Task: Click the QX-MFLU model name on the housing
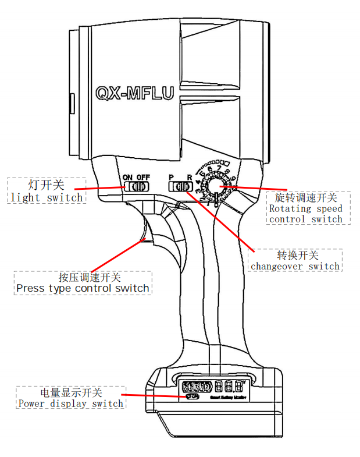134,93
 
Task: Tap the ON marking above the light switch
127,176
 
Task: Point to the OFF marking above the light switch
143,176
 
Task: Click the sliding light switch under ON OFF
138,187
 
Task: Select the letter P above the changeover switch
172,176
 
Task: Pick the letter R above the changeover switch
189,176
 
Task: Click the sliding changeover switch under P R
180,186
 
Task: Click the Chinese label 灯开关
46,185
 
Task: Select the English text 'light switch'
47,197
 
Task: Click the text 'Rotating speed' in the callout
305,208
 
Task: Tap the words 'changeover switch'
295,266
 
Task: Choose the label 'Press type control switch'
83,288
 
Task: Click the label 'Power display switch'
70,403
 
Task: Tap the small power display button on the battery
191,396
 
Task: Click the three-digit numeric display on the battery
228,386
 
